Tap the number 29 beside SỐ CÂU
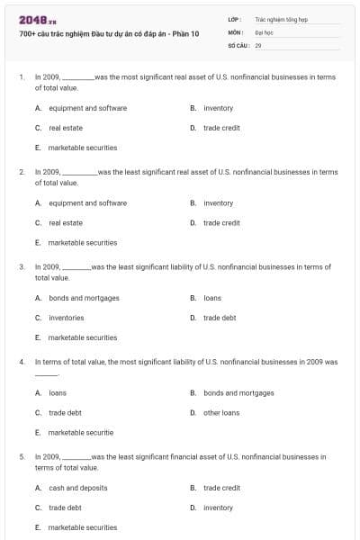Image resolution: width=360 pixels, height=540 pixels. pos(258,44)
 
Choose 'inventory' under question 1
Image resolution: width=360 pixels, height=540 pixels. pos(218,108)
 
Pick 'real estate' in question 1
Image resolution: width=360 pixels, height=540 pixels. pos(66,128)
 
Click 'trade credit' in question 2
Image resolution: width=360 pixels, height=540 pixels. pos(221,222)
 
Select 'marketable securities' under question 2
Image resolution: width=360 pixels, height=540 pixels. pos(83,242)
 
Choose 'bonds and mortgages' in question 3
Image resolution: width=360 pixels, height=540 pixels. pos(84,298)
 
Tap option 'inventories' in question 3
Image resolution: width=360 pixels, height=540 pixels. pos(67,318)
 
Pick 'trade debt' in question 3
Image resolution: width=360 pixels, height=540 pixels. pos(220,318)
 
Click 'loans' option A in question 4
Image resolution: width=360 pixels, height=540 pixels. pos(58,392)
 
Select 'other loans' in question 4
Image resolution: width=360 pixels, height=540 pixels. pos(221,412)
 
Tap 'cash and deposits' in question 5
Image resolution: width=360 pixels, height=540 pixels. pos(78,488)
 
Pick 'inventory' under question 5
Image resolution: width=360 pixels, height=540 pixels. pos(218,508)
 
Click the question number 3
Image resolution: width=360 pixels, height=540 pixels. pos(22,267)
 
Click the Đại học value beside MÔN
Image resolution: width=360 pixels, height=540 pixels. pos(263,31)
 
